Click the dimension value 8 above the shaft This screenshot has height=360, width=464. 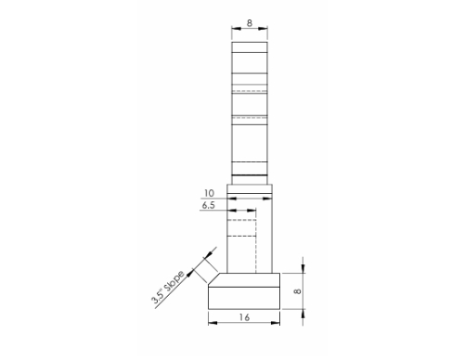251,22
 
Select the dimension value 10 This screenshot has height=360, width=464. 210,194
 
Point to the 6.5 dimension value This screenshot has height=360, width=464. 210,206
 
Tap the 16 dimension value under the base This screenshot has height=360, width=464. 244,317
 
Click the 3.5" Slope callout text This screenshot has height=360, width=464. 170,287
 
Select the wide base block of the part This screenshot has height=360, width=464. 244,295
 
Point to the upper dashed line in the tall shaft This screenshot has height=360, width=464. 251,91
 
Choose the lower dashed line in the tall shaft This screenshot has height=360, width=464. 251,116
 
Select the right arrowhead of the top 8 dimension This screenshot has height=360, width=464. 267,31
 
